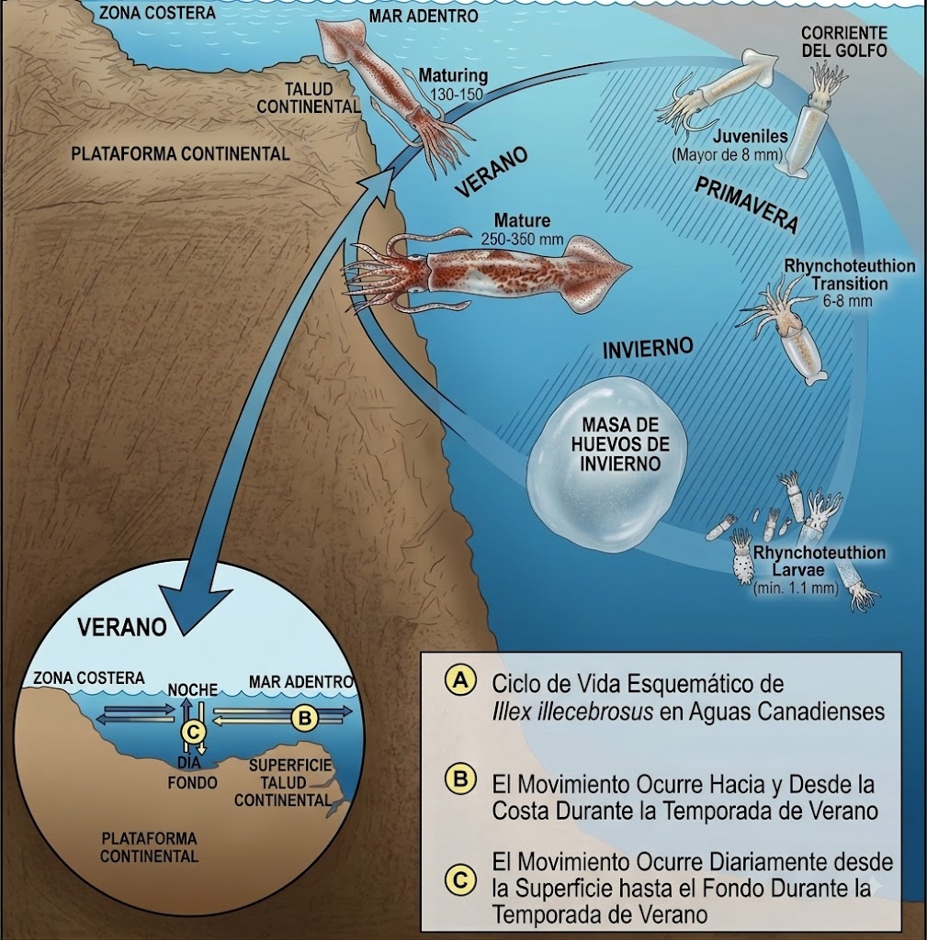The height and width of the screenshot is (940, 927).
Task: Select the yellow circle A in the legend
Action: coord(460,680)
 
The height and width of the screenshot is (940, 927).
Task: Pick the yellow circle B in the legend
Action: coord(460,779)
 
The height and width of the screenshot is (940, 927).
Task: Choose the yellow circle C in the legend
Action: coord(460,879)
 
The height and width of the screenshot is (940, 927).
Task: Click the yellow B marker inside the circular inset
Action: coord(305,717)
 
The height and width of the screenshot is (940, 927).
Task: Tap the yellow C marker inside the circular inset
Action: coord(193,732)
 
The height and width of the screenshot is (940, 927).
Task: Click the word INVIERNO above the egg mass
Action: coord(648,348)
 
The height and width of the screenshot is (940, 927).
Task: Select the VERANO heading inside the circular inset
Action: coord(122,627)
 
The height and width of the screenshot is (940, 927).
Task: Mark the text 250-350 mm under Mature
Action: coord(522,239)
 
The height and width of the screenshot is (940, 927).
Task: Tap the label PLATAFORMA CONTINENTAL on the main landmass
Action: coord(180,154)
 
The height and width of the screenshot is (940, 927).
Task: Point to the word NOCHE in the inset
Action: coord(192,690)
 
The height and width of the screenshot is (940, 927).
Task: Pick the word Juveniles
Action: coord(751,136)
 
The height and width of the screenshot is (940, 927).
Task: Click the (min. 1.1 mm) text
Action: coord(797,587)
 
